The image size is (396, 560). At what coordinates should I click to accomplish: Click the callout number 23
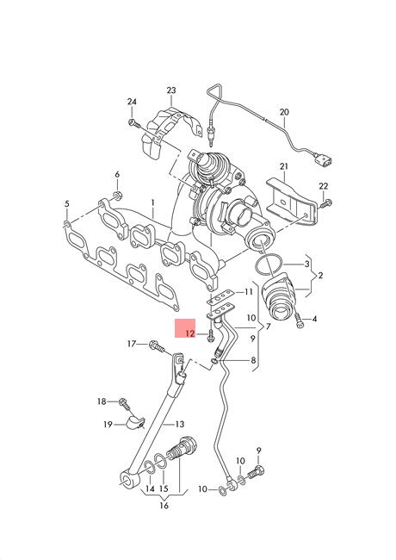point(171,90)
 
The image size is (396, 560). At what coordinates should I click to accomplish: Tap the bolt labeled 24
point(133,123)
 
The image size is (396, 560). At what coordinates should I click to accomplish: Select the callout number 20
point(284,112)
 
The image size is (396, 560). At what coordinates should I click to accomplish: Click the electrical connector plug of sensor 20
point(322,159)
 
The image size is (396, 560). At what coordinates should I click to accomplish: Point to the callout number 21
point(284,166)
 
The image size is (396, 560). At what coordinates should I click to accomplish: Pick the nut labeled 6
point(118,196)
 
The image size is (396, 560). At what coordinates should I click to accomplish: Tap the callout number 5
point(66,204)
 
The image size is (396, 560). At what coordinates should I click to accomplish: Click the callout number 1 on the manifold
point(152,202)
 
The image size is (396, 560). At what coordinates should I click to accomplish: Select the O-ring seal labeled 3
point(269,266)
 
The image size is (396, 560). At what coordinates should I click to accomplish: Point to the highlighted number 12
point(189,333)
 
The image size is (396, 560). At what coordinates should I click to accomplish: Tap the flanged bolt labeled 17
point(157,345)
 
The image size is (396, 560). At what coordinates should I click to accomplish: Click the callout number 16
point(164,506)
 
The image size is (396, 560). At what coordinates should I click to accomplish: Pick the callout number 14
point(150,488)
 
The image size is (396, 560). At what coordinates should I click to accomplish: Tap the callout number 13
point(180,424)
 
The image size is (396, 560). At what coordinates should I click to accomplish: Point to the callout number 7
point(268,327)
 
